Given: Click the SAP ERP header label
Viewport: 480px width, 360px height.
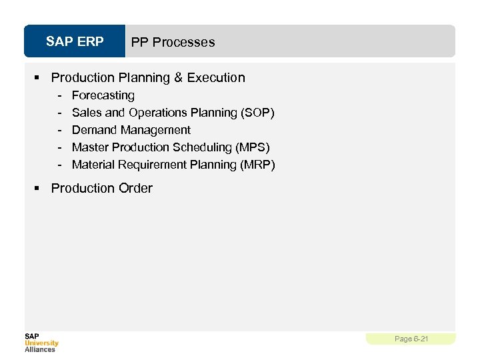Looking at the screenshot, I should click(75, 42).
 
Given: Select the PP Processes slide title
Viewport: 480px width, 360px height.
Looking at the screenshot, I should click(173, 42).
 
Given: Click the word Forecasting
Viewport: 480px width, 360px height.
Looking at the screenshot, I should click(103, 95).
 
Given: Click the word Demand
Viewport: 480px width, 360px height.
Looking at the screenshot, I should click(94, 130).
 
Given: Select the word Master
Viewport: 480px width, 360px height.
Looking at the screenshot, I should click(90, 147).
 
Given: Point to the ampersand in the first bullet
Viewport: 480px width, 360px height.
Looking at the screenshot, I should click(178, 78).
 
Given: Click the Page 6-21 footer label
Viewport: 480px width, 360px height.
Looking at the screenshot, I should click(411, 339).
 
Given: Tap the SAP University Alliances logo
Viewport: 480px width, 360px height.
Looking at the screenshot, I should click(41, 342).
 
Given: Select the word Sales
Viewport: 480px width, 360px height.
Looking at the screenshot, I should click(87, 113).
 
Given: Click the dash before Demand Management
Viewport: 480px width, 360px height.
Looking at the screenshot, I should click(59, 130).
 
